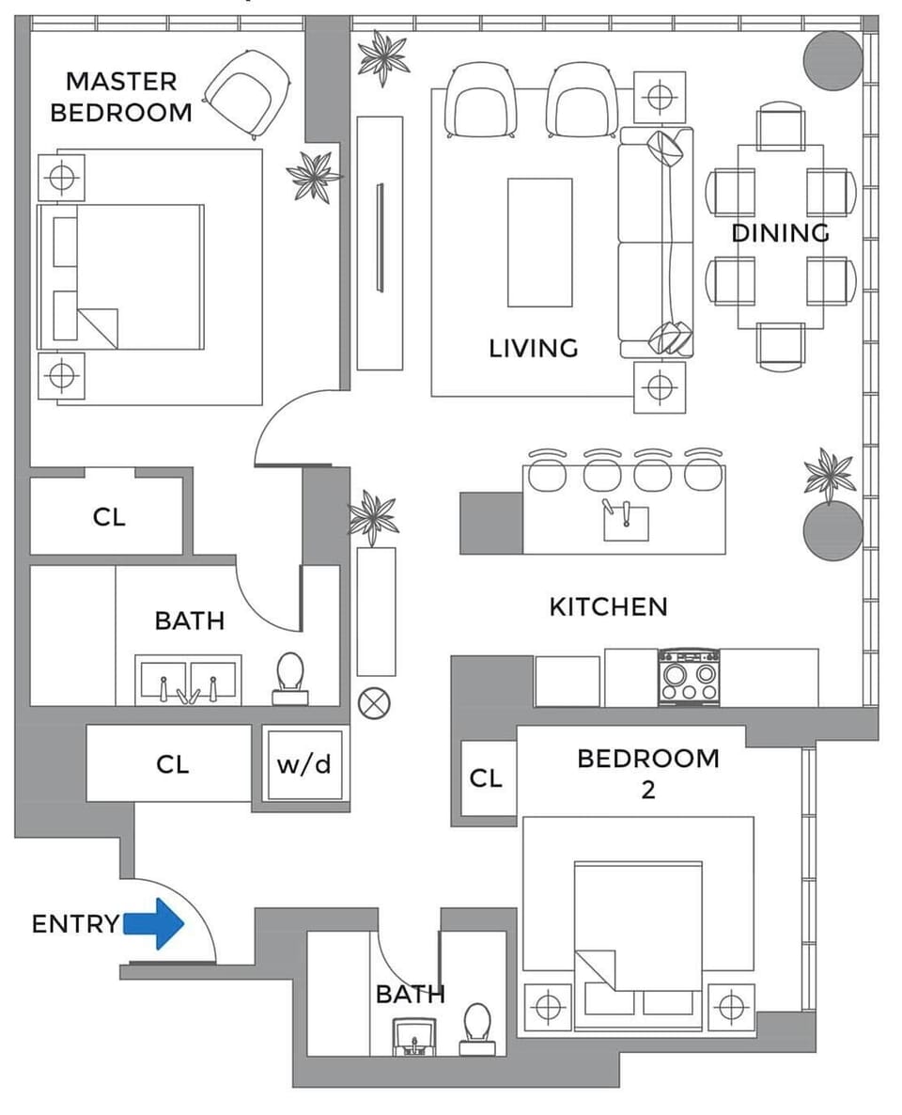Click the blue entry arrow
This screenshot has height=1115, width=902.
(154, 924)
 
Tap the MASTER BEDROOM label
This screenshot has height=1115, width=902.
(120, 97)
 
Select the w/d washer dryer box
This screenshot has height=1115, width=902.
(303, 764)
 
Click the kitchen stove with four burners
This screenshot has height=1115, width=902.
(689, 677)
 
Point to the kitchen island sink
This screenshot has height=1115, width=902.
(626, 520)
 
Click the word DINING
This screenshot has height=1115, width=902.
(781, 233)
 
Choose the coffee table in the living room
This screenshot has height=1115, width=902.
(539, 243)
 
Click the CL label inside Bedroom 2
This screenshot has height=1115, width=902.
(486, 778)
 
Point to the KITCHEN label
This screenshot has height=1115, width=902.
(608, 607)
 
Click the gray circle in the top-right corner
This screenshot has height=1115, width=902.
(832, 60)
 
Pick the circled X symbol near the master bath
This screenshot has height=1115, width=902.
(381, 701)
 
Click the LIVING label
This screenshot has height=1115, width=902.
(533, 349)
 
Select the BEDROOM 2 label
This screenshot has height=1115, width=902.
(647, 773)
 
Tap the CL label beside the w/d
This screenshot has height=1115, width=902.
(172, 765)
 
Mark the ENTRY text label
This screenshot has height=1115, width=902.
(75, 924)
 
